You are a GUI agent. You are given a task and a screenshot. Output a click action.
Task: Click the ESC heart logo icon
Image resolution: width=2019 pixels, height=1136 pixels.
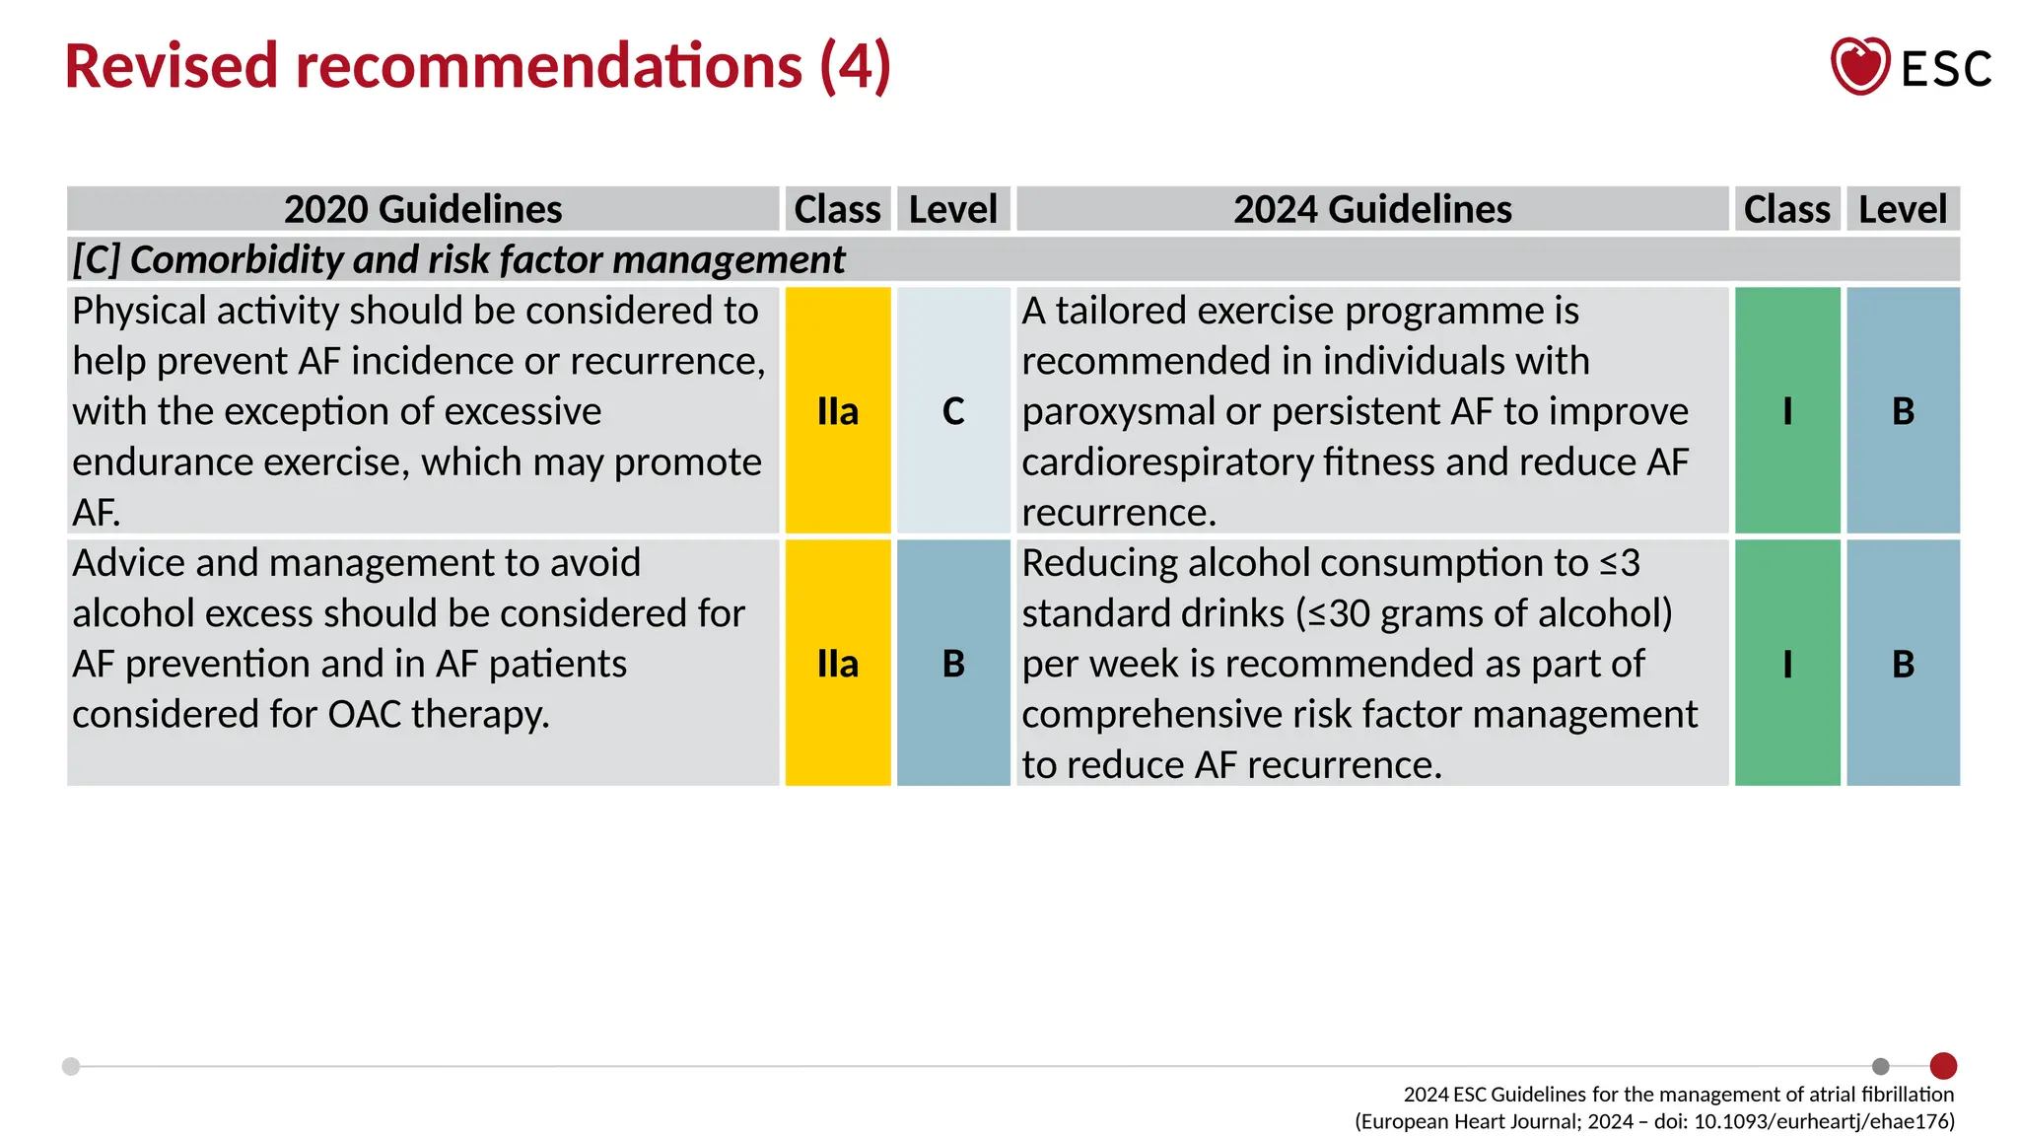point(1859,66)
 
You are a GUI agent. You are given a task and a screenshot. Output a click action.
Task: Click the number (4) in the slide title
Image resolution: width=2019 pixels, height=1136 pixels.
point(855,66)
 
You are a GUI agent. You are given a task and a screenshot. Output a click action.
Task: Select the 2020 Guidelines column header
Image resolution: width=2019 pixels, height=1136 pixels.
point(423,209)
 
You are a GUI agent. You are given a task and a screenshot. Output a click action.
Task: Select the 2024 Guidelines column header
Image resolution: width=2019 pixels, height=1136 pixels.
point(1372,209)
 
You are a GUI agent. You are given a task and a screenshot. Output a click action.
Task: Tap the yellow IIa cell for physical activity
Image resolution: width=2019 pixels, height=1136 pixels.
point(838,410)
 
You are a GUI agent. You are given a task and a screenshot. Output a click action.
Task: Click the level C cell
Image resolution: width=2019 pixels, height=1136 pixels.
point(953,410)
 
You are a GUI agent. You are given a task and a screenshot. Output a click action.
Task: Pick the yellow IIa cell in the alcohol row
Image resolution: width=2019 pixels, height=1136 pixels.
point(838,663)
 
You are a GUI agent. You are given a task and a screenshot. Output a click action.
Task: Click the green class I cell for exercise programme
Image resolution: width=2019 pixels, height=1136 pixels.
point(1786,410)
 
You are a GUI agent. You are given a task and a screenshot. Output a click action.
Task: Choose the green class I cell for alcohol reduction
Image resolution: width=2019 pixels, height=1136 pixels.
point(1786,663)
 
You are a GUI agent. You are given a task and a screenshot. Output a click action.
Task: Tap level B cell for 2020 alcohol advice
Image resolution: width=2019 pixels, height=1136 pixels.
point(953,663)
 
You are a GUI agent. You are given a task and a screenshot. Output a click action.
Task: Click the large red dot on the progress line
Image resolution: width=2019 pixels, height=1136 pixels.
point(1943,1066)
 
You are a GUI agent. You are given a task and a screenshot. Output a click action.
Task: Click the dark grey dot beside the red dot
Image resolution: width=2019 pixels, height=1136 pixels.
point(1880,1066)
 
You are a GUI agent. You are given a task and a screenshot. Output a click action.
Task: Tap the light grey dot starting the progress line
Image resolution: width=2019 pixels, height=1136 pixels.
point(71,1066)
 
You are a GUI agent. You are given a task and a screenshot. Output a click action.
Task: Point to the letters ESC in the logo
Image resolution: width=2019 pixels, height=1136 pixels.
point(1946,69)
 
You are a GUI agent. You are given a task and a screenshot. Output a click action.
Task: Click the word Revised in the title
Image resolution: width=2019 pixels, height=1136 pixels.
point(172,66)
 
